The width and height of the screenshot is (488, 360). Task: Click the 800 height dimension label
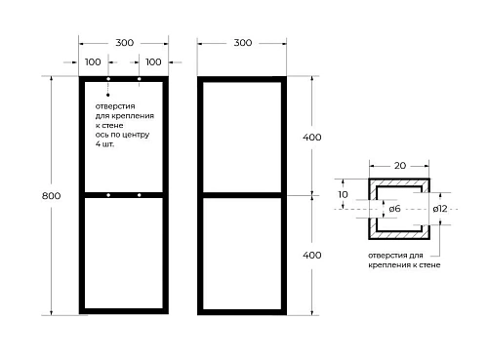51,196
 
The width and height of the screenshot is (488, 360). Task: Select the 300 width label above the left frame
124,43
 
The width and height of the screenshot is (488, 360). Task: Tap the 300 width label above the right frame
243,43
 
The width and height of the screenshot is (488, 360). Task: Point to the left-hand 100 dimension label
93,61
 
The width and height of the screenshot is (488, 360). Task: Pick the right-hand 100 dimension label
153,61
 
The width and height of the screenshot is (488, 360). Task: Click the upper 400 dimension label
312,138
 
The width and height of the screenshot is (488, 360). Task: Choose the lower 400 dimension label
312,255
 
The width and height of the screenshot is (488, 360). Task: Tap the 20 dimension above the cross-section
400,166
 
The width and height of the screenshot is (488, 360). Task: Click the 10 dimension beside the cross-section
343,194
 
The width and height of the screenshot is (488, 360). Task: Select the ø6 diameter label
394,209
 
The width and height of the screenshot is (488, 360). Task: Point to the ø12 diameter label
440,209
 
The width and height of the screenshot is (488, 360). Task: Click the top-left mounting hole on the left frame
108,79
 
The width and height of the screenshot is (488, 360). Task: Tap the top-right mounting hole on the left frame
140,79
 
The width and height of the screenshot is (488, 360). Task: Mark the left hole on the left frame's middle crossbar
108,195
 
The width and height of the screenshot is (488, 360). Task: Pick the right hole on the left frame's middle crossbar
140,195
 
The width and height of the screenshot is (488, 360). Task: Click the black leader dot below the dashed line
108,95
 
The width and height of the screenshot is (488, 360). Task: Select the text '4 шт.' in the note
104,144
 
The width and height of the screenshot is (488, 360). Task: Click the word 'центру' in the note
137,135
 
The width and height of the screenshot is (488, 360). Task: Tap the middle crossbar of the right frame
242,195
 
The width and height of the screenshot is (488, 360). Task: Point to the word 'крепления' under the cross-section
388,265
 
